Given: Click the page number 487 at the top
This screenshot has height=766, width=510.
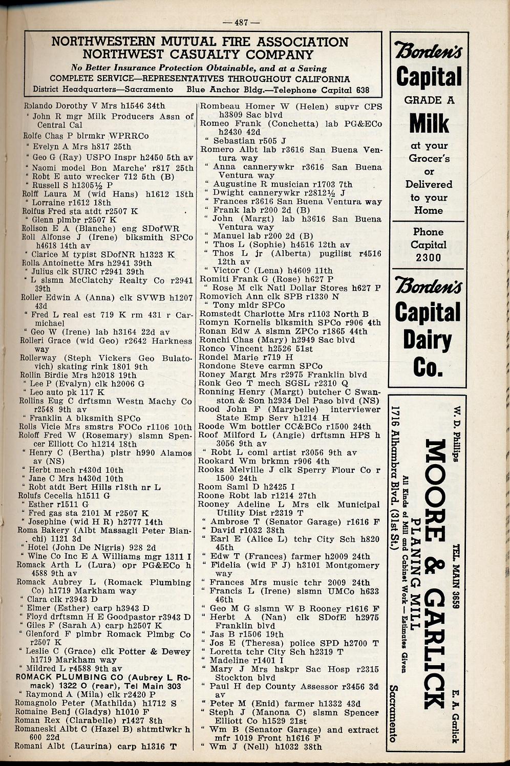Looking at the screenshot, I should click(241, 22).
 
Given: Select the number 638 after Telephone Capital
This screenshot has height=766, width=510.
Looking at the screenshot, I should click(362, 90).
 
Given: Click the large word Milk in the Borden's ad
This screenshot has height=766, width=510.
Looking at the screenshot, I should click(429, 123).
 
